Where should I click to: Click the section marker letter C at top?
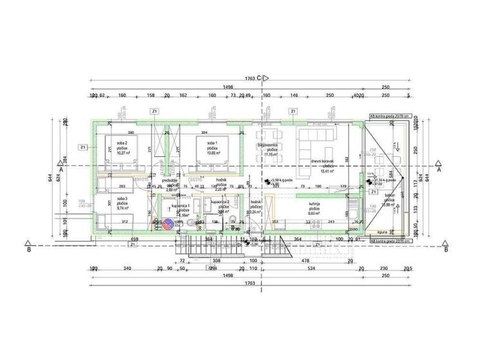pos(259,78)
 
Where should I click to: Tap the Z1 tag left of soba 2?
pos(83,147)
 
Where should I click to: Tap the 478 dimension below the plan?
pos(306,260)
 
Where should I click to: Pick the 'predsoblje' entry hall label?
pos(170,183)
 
